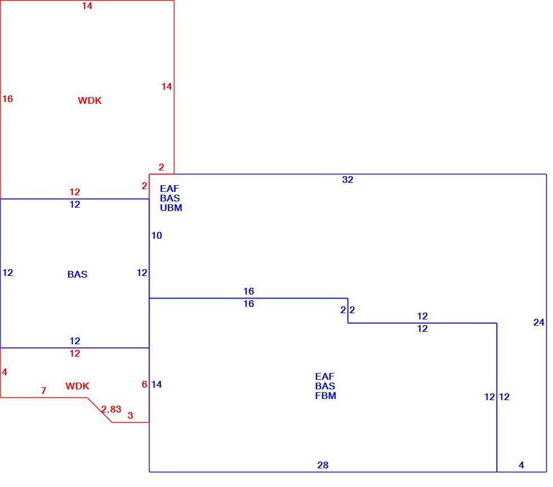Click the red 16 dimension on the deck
[x=7, y=99]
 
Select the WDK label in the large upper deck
[x=90, y=100]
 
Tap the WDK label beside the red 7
[x=77, y=386]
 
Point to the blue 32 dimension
[x=348, y=179]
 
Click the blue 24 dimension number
[x=538, y=322]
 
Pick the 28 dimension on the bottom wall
[x=323, y=465]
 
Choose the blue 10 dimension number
[x=157, y=235]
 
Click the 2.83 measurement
[x=112, y=409]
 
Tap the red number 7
[x=43, y=391]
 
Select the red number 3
[x=130, y=415]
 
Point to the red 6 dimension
[x=144, y=384]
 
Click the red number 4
[x=5, y=372]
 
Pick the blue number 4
[x=521, y=465]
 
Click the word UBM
[x=171, y=208]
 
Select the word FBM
[x=326, y=396]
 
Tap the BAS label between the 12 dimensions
[x=77, y=274]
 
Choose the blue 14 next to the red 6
[x=157, y=384]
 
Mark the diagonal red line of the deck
[x=100, y=410]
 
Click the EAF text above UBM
[x=170, y=188]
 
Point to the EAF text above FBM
[x=325, y=376]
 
